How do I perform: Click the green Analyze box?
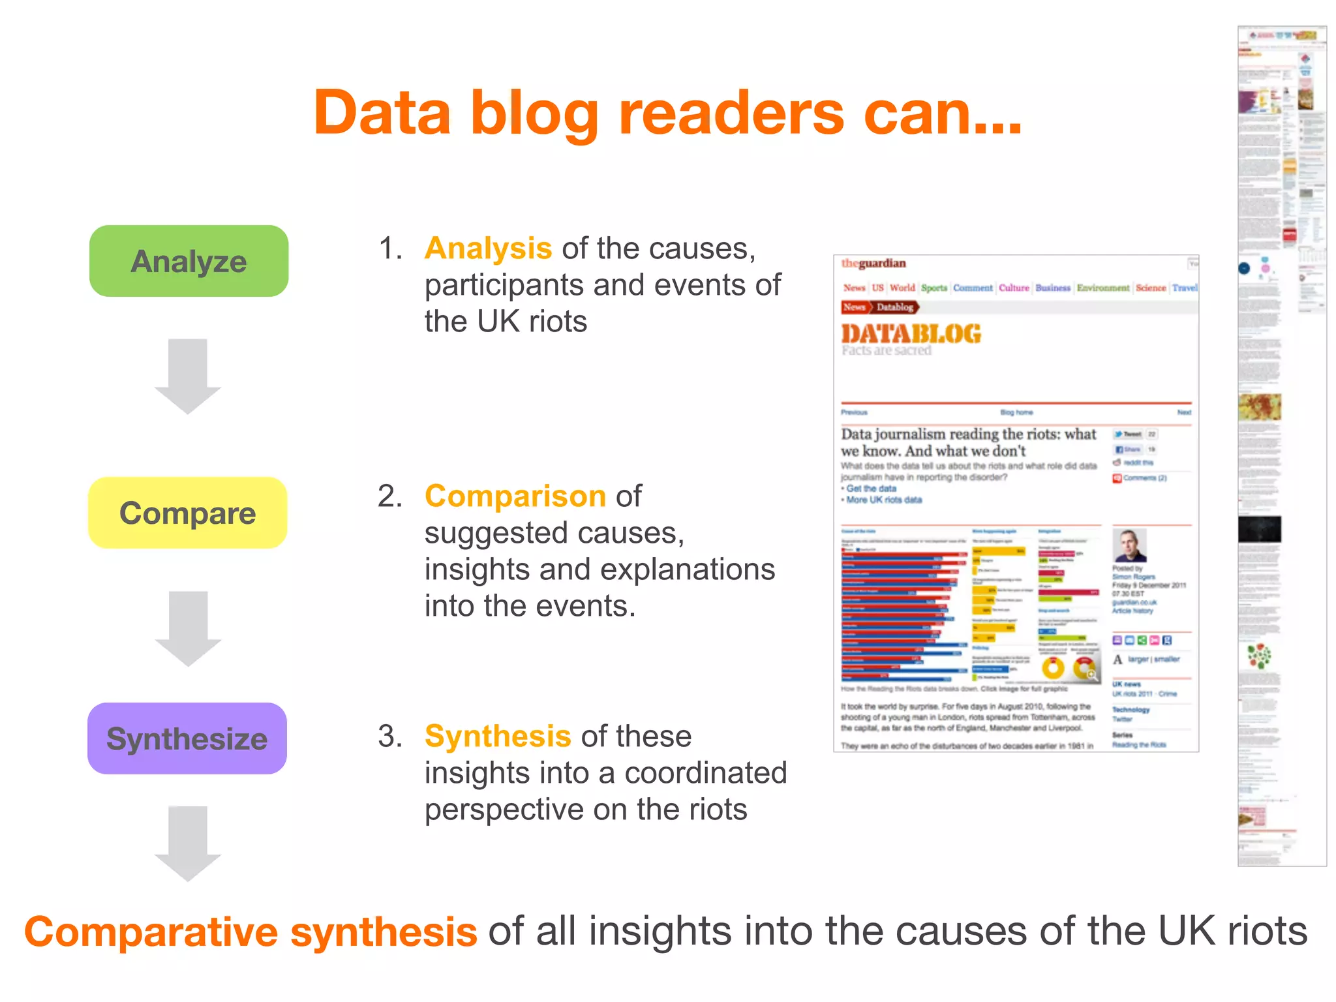tap(189, 261)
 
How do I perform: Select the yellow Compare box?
tap(188, 513)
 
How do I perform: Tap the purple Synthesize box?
tap(187, 738)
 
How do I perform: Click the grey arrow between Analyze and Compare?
tap(188, 376)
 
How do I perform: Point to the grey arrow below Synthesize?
tap(188, 843)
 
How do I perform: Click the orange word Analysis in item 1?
tap(488, 249)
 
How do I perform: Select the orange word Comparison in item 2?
tap(515, 496)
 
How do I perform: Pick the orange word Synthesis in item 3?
tap(498, 736)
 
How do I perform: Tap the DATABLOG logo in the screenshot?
tap(911, 334)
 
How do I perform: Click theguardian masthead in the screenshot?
tap(873, 264)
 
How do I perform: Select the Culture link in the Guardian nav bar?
tap(1013, 288)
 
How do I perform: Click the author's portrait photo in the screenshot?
tap(1129, 546)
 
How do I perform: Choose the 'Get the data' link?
tap(871, 489)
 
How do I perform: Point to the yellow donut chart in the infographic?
tap(1053, 667)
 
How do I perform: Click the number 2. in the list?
tap(390, 496)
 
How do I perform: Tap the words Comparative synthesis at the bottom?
tap(250, 932)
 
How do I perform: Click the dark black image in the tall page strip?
tap(1259, 529)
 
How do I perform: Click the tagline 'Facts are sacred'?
tap(886, 350)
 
